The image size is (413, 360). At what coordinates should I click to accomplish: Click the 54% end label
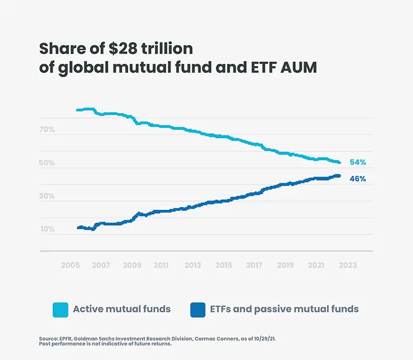point(357,162)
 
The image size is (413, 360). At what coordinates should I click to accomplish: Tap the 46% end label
point(357,179)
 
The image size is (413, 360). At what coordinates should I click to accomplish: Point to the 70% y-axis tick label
point(47,130)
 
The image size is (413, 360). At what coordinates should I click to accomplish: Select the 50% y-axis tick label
point(47,163)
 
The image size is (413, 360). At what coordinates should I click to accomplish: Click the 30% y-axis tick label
point(47,196)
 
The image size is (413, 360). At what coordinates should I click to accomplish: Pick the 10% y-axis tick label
point(47,229)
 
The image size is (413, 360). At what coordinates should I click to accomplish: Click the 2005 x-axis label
point(70,265)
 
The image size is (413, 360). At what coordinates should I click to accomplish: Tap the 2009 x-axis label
point(132,265)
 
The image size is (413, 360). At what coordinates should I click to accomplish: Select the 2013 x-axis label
point(193,265)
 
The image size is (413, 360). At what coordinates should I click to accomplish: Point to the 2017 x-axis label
point(254,265)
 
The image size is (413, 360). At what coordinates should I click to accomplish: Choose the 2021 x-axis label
point(316,265)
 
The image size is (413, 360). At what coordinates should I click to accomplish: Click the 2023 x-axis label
point(347,265)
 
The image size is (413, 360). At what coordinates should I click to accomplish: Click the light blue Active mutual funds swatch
point(60,309)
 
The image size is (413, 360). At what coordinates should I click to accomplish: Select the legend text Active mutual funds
point(122,309)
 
